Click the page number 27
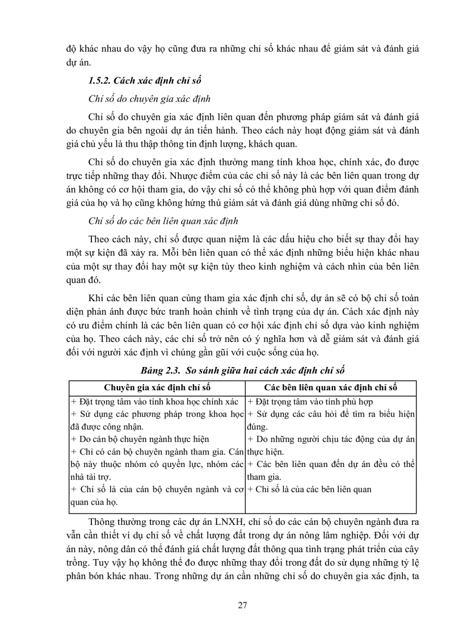click(242, 604)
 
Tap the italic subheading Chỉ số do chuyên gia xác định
click(150, 99)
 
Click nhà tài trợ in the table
click(91, 476)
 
